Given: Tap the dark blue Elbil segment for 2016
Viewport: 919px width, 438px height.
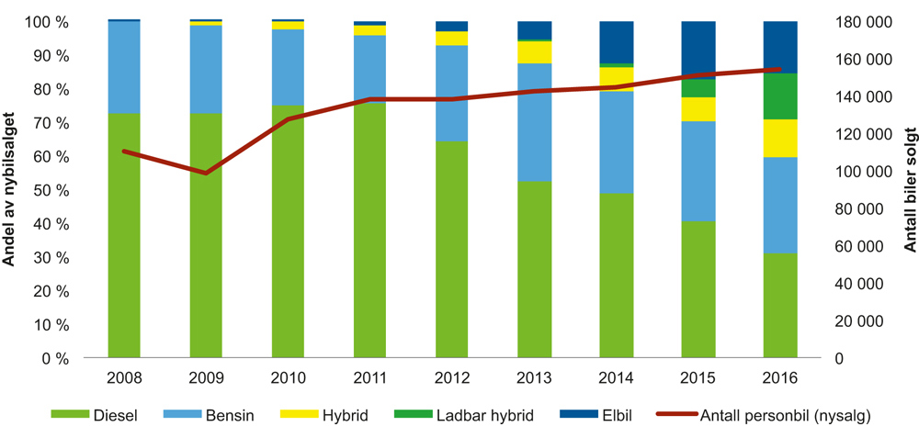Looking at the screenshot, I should coord(779,47).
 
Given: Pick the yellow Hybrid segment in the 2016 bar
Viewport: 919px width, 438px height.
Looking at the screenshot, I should coord(779,138).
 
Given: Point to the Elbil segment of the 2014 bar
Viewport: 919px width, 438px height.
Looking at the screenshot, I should coord(616,42).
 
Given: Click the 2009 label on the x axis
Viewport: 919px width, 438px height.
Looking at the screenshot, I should coord(206,378).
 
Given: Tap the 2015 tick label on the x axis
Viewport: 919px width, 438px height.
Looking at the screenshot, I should coord(698,378).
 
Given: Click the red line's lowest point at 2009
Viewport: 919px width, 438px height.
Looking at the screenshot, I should coord(206,173).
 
